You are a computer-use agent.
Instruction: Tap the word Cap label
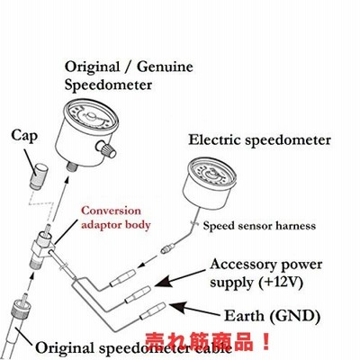coord(24,136)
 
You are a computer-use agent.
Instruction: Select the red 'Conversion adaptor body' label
coord(115,217)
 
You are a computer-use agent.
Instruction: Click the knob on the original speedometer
coord(106,149)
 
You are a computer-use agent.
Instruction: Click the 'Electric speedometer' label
coord(259,140)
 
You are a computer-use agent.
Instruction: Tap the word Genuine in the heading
coord(165,67)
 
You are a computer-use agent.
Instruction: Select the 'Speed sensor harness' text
coord(259,225)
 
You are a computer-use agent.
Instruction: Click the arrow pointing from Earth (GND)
coord(194,310)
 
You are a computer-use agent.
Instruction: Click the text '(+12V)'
coord(281,282)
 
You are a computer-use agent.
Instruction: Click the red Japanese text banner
coord(208,341)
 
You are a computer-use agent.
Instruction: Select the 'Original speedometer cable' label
coord(134,348)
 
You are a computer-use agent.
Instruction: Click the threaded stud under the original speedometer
coord(72,166)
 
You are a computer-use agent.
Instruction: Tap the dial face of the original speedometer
coord(92,118)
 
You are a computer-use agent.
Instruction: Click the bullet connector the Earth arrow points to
coord(153,311)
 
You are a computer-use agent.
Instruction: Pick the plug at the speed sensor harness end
coord(166,248)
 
